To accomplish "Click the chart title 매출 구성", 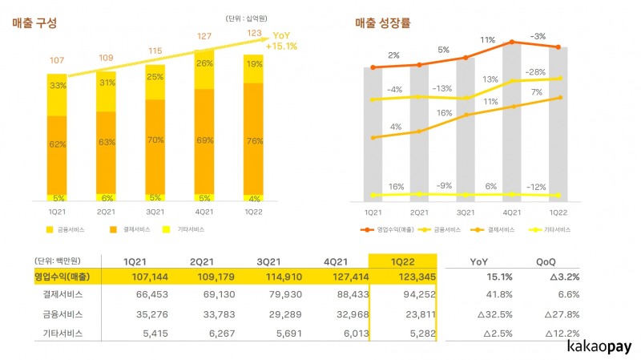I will click(34, 23).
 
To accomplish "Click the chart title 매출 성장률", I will click(383, 23).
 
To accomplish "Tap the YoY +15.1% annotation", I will click(285, 40).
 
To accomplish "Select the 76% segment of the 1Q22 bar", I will click(252, 141).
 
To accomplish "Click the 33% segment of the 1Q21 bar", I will click(57, 85).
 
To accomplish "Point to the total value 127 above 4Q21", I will click(204, 35).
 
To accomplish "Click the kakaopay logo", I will click(597, 347).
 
